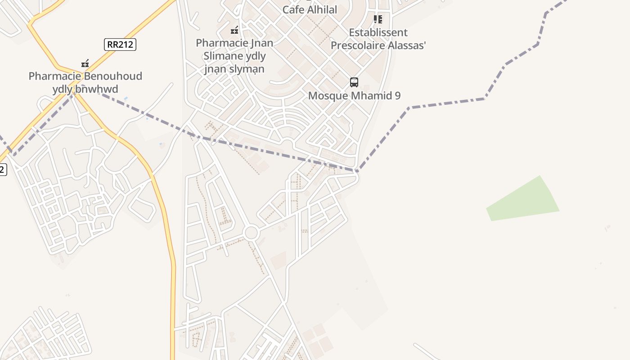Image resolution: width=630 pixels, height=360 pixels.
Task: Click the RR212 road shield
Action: (x=120, y=44)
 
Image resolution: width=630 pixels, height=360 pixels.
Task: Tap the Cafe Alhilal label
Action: (x=310, y=9)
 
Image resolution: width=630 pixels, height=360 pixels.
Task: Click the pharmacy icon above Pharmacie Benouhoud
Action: (x=85, y=63)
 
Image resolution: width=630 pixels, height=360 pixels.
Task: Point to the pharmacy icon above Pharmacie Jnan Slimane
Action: (x=234, y=31)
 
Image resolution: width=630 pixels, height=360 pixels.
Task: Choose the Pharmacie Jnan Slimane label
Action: (x=234, y=56)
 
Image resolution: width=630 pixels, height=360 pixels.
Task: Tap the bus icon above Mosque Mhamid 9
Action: (x=354, y=82)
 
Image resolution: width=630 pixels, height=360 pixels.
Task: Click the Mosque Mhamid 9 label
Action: (x=354, y=95)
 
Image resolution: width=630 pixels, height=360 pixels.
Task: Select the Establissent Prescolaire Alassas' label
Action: (x=378, y=39)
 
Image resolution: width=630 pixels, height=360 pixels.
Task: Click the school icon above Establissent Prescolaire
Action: (x=378, y=19)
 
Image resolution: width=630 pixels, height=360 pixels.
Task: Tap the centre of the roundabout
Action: (x=251, y=233)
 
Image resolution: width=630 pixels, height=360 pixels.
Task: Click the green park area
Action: (x=524, y=200)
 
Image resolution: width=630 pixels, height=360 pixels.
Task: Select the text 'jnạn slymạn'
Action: (x=234, y=69)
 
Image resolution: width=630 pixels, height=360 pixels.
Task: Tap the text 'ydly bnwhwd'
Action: (x=85, y=89)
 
